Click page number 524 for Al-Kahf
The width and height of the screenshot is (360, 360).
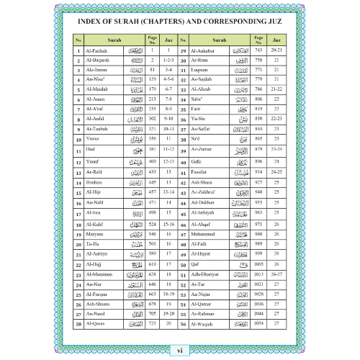click(153, 225)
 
